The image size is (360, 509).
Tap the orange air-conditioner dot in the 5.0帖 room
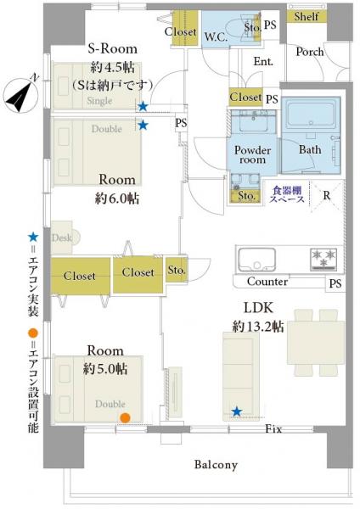coord(125,417)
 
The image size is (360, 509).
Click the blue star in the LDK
coord(237,411)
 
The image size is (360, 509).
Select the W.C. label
coord(216,36)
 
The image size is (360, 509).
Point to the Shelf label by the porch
coord(307,16)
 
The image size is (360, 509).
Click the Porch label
coord(310,52)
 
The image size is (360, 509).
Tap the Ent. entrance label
coord(263,61)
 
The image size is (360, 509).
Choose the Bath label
coord(310,149)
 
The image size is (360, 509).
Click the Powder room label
coord(252,155)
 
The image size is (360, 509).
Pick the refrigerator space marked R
coord(327,196)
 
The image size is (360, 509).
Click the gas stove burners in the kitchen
coord(323,259)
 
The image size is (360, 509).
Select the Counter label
coord(267,282)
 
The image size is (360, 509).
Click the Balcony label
coord(216,465)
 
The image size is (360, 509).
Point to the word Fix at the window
coord(273,428)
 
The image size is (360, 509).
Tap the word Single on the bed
coord(99,101)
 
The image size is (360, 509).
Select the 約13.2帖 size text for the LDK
coord(258,327)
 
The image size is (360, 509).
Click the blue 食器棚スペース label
coord(287,194)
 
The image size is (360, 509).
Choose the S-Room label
coord(113,48)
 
